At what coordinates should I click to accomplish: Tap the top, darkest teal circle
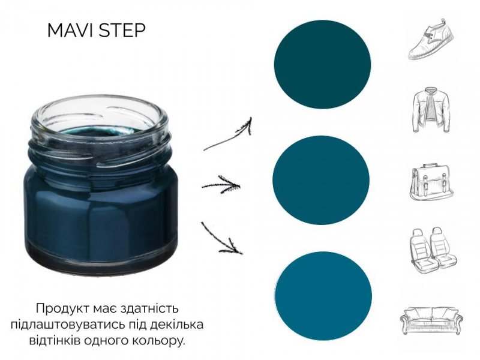(322, 65)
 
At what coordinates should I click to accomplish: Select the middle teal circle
(321, 180)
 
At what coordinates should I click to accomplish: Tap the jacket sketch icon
(431, 110)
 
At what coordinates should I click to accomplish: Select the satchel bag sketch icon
(431, 182)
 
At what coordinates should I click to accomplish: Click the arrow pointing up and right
(228, 134)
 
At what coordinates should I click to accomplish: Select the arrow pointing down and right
(221, 239)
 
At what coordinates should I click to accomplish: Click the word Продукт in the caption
(63, 308)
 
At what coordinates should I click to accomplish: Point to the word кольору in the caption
(160, 341)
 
